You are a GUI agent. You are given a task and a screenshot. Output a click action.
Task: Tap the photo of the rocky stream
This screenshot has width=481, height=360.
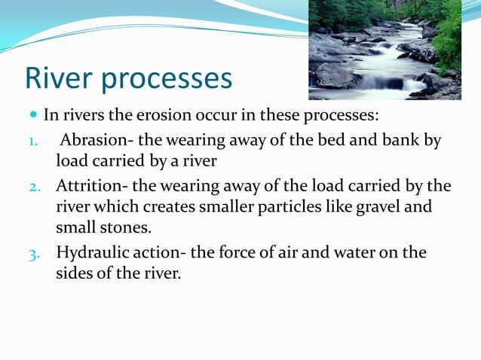[x=384, y=50]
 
